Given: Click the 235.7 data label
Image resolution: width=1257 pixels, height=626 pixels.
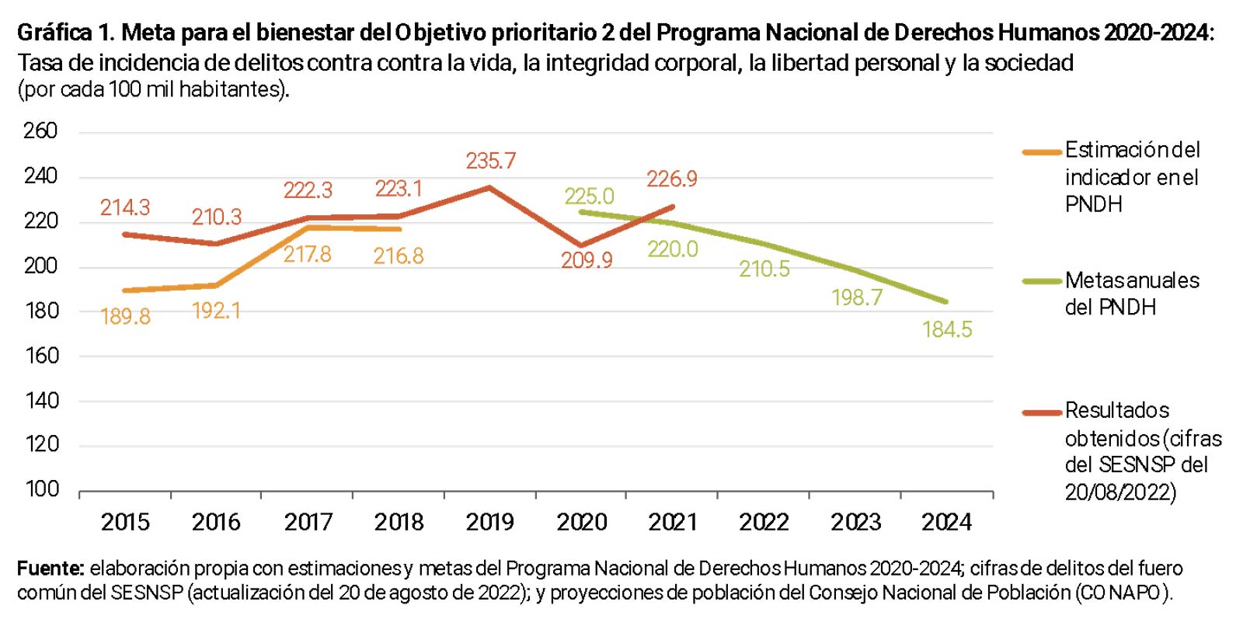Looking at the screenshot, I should (490, 161).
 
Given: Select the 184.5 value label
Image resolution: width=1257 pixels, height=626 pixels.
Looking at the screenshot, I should (947, 329).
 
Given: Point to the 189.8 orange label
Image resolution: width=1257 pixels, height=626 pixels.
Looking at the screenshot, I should (125, 316).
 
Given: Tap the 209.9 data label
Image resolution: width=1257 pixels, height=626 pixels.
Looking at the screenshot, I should (587, 260).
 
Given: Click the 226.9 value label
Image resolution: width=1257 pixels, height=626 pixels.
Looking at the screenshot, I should (672, 179).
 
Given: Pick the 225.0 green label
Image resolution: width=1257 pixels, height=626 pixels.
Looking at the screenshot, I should (589, 196).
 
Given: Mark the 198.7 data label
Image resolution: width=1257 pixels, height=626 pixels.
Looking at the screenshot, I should (857, 297).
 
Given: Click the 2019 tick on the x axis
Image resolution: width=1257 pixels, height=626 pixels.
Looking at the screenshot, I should (490, 522).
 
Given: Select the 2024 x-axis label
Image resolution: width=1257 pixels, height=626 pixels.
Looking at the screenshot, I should (946, 522).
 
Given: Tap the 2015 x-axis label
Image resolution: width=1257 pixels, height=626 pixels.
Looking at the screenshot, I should (125, 522).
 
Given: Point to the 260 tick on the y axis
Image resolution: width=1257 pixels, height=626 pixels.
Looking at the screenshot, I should (40, 130).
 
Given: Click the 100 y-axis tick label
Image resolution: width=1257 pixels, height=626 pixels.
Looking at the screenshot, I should (42, 489).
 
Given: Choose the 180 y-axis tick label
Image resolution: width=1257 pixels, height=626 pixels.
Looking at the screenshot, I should (41, 311).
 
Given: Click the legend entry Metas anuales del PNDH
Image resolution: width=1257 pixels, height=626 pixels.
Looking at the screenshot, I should (1131, 294).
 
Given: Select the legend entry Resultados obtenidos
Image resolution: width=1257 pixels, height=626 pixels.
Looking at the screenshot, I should (1142, 450).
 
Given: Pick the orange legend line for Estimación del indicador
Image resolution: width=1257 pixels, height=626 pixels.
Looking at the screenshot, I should (1042, 152).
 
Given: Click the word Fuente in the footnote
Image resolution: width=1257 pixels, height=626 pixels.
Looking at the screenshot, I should (50, 569).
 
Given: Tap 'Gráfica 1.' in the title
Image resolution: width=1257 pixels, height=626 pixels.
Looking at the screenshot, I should (65, 33).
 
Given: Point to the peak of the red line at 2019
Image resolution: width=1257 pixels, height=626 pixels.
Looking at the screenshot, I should (489, 187).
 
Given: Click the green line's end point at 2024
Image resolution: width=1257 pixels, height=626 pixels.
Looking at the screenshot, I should (945, 301).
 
